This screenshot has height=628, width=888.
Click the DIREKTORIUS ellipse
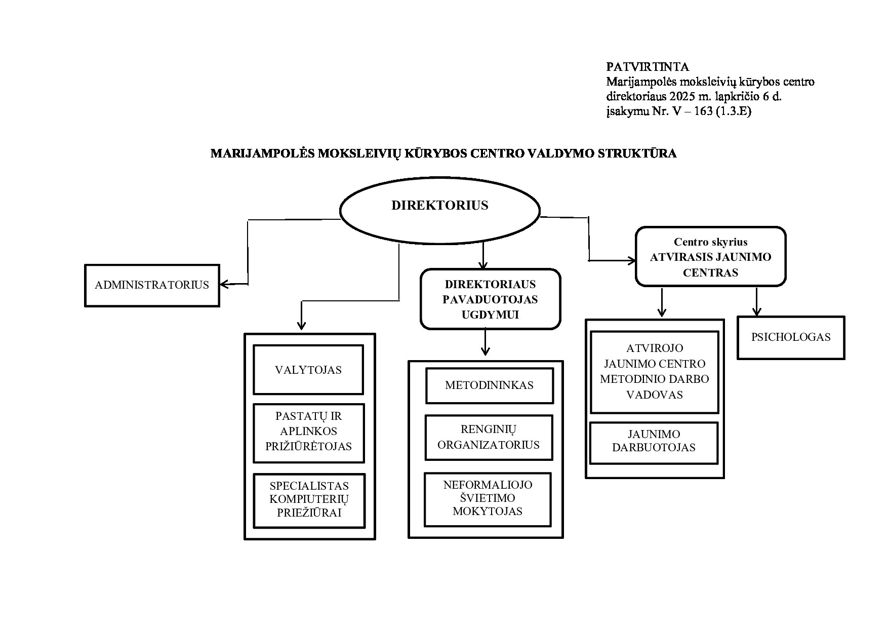click(439, 210)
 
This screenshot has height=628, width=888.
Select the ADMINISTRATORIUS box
click(152, 285)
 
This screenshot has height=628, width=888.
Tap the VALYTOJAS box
click(308, 370)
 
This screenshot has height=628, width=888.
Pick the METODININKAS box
click(489, 385)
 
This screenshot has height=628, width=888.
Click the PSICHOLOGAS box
click(791, 337)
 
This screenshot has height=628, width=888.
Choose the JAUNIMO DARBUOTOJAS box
click(654, 441)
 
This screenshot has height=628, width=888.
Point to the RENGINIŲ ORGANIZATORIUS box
click(489, 438)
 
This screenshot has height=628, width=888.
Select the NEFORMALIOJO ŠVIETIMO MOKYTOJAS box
click(487, 498)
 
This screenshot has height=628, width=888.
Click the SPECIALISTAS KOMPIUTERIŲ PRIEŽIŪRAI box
click(309, 500)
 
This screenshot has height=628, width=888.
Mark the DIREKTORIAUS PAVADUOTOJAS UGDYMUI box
click(490, 299)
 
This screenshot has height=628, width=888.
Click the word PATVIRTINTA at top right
click(647, 67)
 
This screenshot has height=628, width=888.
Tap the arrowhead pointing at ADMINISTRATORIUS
click(224, 285)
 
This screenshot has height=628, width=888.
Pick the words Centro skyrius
click(710, 242)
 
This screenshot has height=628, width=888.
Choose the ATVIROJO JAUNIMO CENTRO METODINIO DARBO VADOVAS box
click(654, 371)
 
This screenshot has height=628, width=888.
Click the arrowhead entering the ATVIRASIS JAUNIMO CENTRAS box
click(632, 261)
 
